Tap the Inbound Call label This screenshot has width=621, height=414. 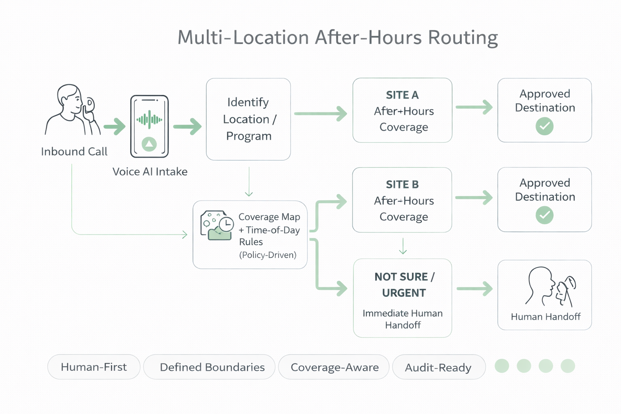click(74, 152)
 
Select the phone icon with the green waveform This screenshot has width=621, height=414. click(149, 126)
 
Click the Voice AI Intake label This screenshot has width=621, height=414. click(150, 172)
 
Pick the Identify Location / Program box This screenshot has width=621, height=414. click(248, 119)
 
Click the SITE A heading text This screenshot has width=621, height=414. click(402, 95)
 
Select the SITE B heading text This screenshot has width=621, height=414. click(402, 184)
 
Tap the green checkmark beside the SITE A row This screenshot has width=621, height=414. click(544, 126)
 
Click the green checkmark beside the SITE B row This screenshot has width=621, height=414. click(544, 215)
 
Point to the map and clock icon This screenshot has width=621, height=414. click(217, 225)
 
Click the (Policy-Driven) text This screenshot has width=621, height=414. click(268, 255)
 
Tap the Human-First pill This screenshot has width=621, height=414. click(94, 367)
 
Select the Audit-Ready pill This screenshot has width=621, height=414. click(438, 367)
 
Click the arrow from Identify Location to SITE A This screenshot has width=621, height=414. click(320, 114)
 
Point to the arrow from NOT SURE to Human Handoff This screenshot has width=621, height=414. click(474, 289)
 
